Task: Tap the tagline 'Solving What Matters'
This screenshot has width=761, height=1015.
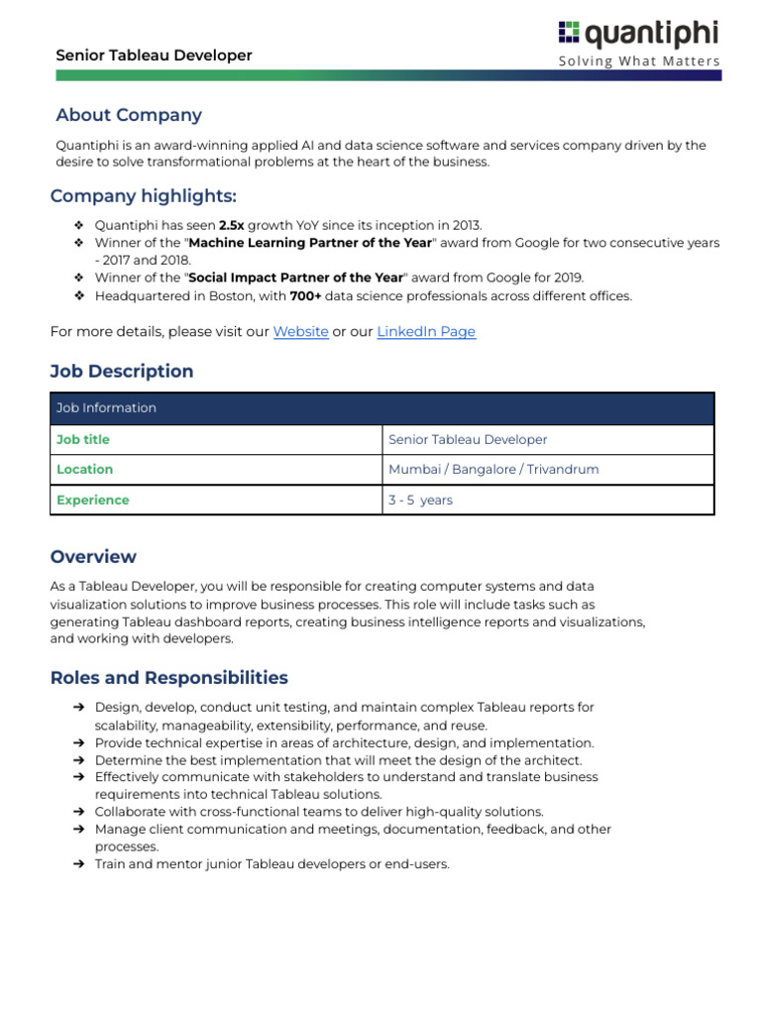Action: point(639,61)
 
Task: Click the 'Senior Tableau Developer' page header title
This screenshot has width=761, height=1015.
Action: point(154,56)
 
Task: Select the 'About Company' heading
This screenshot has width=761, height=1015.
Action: point(129,115)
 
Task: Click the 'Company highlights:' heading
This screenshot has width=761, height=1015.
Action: point(144,195)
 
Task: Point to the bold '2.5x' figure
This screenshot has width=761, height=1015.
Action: point(231,225)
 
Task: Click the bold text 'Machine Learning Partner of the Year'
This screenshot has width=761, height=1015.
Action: point(310,243)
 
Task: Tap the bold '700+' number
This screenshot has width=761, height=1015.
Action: point(306,296)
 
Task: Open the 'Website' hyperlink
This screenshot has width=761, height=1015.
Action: point(300,332)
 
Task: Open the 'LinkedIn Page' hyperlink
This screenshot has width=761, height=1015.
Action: point(426,332)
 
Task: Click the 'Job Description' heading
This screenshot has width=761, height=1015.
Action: point(122,372)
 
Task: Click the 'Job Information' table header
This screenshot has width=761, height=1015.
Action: point(107,408)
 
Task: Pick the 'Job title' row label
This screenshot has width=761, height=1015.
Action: point(83,439)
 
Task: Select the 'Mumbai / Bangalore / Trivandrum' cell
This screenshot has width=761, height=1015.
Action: point(493,470)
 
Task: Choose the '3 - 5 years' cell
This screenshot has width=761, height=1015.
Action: point(420,501)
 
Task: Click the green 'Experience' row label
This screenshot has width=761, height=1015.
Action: point(93,501)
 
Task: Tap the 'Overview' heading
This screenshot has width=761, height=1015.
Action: point(93,557)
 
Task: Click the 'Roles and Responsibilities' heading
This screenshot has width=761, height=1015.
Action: point(169,678)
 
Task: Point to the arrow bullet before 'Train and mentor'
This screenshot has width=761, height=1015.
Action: point(78,864)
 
